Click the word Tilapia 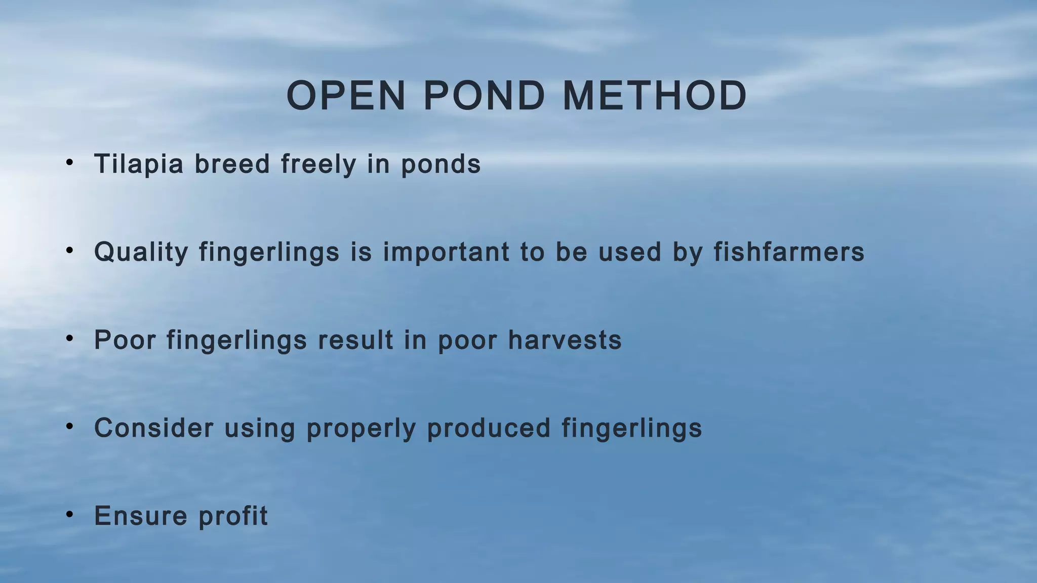click(139, 164)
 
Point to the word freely click(318, 164)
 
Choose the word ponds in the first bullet click(441, 164)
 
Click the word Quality click(141, 252)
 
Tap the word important click(446, 252)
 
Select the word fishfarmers click(789, 252)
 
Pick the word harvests click(565, 340)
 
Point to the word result click(355, 340)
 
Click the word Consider click(154, 428)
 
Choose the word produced click(489, 428)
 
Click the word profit click(233, 516)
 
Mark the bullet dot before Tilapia click(70, 162)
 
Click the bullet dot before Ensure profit click(70, 514)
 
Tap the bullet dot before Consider click(70, 426)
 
